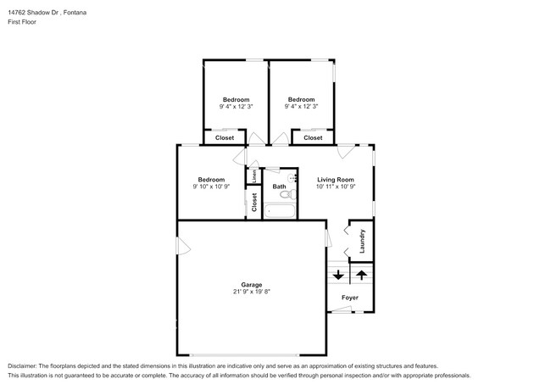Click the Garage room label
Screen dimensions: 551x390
(x=251, y=285)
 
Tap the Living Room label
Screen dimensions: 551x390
(x=336, y=180)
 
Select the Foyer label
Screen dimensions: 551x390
(x=350, y=298)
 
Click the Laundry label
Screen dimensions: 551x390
(x=362, y=241)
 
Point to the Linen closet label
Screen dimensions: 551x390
(x=254, y=176)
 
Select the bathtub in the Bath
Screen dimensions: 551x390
(x=280, y=211)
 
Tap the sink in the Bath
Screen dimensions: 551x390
(x=292, y=177)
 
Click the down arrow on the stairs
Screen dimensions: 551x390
(x=338, y=275)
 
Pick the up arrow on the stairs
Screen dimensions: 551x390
(x=362, y=275)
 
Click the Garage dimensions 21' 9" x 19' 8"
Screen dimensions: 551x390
(x=252, y=292)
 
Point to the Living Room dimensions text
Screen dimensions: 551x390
(x=336, y=187)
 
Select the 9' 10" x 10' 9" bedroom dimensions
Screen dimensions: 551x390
(x=211, y=187)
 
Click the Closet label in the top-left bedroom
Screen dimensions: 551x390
(x=225, y=137)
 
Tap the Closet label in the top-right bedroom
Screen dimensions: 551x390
(x=313, y=137)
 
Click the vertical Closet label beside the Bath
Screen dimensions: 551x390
(x=254, y=203)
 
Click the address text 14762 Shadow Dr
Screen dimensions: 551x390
(x=33, y=13)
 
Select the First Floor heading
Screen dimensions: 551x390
(x=22, y=22)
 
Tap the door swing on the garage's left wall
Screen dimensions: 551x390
(x=183, y=246)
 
